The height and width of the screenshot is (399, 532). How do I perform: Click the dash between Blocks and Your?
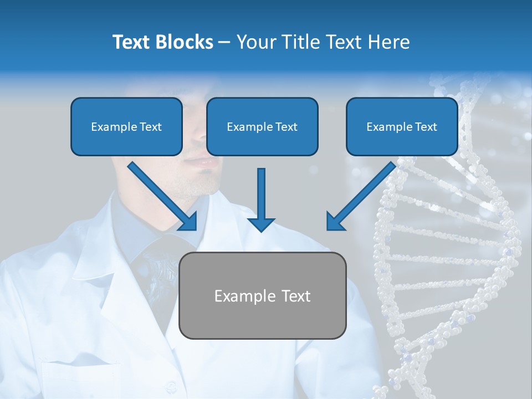coord(225,43)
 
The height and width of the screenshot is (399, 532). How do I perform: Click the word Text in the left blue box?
coord(151,127)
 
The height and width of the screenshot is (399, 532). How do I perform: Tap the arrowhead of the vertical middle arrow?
coord(261,224)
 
